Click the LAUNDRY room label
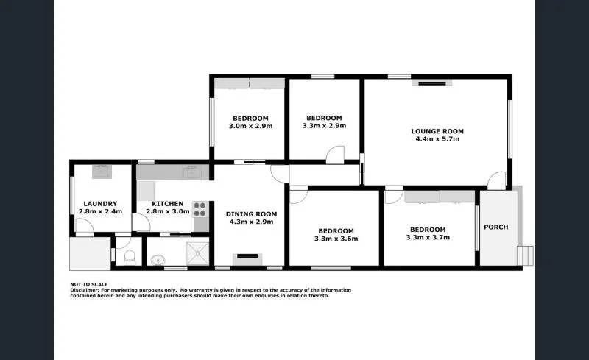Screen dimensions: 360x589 [x=97, y=204]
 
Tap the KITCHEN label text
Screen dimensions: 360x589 [x=168, y=204]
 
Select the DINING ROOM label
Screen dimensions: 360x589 [x=250, y=213]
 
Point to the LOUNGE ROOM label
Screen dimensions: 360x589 [x=437, y=131]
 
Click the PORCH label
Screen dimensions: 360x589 [x=495, y=227]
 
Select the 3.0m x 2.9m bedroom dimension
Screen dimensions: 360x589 [x=250, y=126]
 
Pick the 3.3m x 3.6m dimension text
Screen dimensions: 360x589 [x=335, y=238]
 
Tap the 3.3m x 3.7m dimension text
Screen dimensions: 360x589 [x=428, y=237]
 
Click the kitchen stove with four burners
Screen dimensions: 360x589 [x=200, y=208]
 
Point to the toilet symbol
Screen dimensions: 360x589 [x=130, y=257]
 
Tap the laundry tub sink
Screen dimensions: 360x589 [x=101, y=172]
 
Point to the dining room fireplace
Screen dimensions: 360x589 [x=246, y=258]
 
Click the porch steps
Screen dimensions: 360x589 [x=526, y=255]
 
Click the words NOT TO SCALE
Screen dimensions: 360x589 [x=89, y=283]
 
